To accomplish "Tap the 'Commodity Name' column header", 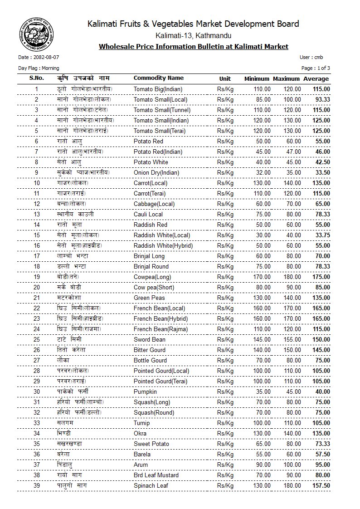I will pyautogui.click(x=158, y=78).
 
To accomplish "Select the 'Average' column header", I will pyautogui.click(x=316, y=78).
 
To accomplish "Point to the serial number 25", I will pyautogui.click(x=37, y=339).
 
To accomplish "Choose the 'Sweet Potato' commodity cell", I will pyautogui.click(x=151, y=444).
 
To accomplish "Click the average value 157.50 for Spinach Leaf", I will pyautogui.click(x=321, y=485).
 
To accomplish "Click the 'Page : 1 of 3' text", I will pyautogui.click(x=316, y=68).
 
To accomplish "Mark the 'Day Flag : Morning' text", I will pyautogui.click(x=39, y=68).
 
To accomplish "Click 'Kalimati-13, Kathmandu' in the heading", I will pyautogui.click(x=193, y=35).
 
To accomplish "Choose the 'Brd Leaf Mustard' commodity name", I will pyautogui.click(x=156, y=475).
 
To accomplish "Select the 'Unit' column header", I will pyautogui.click(x=225, y=78).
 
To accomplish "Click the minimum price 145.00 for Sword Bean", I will pyautogui.click(x=261, y=339).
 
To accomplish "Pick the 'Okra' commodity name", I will pyautogui.click(x=141, y=433).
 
